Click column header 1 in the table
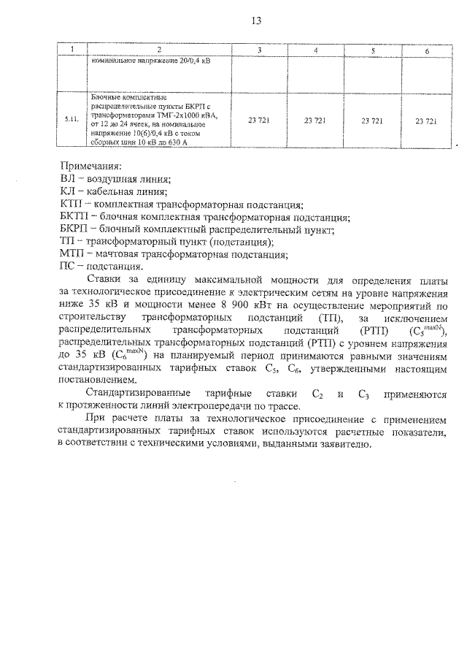(72, 49)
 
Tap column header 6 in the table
(426, 50)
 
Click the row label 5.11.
(72, 118)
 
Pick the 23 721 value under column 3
(259, 119)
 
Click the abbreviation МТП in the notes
(71, 255)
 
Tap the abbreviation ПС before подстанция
(66, 267)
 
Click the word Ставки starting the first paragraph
(107, 280)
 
